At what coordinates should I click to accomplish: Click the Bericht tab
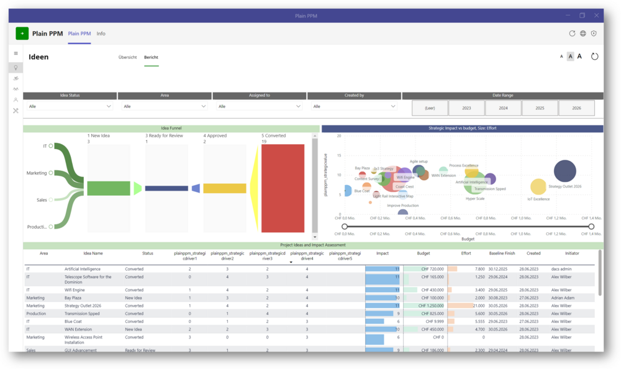click(151, 57)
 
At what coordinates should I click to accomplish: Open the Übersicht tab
click(127, 57)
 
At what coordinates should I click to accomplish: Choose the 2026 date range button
click(576, 108)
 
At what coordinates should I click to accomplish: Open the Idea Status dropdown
click(70, 106)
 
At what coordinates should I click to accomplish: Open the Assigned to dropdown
click(259, 106)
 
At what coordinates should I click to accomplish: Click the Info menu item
click(101, 34)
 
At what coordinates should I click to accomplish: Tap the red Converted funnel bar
click(283, 188)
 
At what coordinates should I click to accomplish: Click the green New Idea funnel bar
click(109, 188)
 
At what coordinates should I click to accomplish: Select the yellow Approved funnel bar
click(225, 188)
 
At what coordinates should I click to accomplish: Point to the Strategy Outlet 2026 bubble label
click(564, 186)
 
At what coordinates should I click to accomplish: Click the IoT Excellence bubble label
click(538, 199)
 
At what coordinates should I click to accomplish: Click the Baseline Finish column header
click(501, 253)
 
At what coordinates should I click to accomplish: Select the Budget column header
click(423, 253)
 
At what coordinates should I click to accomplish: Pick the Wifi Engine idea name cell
click(75, 290)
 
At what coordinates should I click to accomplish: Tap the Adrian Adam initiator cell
click(563, 298)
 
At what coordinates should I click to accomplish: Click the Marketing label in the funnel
click(36, 173)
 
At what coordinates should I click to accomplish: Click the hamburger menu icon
click(16, 53)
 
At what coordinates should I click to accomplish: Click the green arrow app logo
click(22, 34)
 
